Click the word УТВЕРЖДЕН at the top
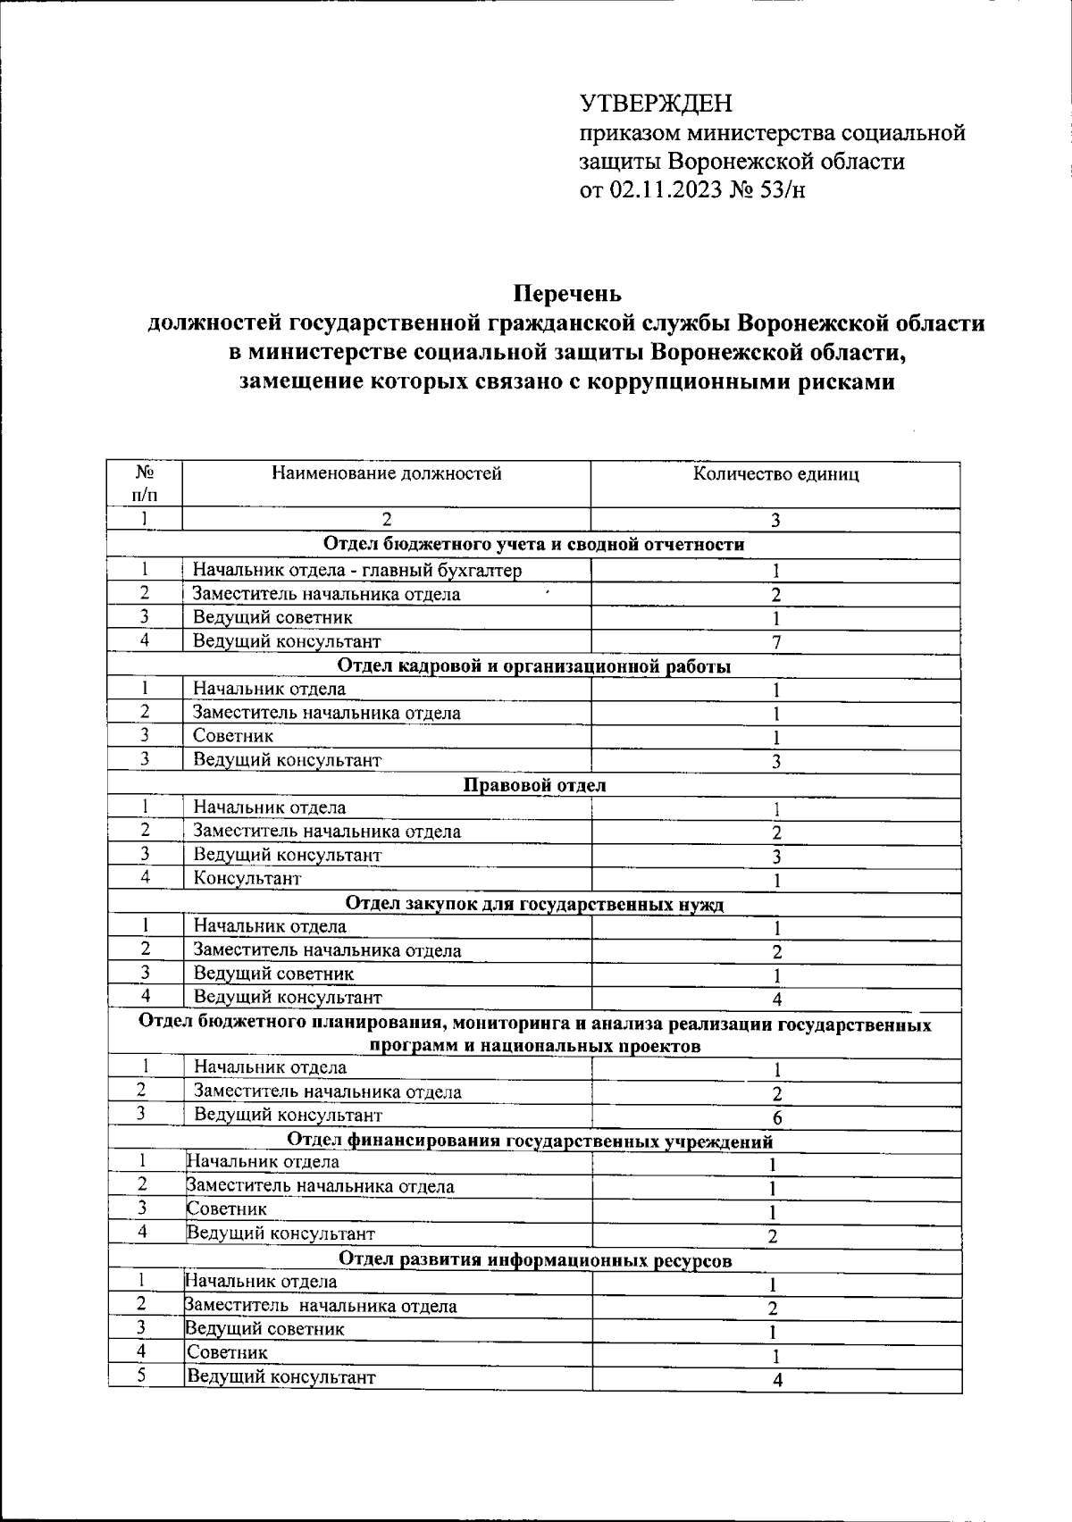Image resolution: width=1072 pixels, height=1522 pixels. pos(657,105)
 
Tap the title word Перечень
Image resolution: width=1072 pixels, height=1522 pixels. pos(566,293)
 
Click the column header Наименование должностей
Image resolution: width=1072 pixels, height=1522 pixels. pos(386,473)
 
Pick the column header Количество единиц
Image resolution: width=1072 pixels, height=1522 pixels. pos(775,474)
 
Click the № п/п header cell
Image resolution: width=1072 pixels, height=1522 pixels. pos(143,483)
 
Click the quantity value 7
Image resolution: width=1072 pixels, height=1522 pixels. pos(776,641)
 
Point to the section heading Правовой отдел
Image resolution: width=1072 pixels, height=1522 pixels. pos(534,785)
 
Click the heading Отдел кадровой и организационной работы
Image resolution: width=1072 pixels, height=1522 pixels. pos(534,665)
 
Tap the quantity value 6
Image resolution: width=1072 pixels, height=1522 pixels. pos(777,1117)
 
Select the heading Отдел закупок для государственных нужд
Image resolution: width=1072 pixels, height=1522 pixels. pos(534,904)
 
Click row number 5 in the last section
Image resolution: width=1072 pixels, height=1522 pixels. pos(142,1376)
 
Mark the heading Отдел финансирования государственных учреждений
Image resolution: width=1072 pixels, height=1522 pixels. pos(531,1141)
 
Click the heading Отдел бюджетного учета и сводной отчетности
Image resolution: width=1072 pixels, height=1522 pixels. pos(534,545)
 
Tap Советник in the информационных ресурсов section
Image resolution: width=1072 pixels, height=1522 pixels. pos(227,1352)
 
